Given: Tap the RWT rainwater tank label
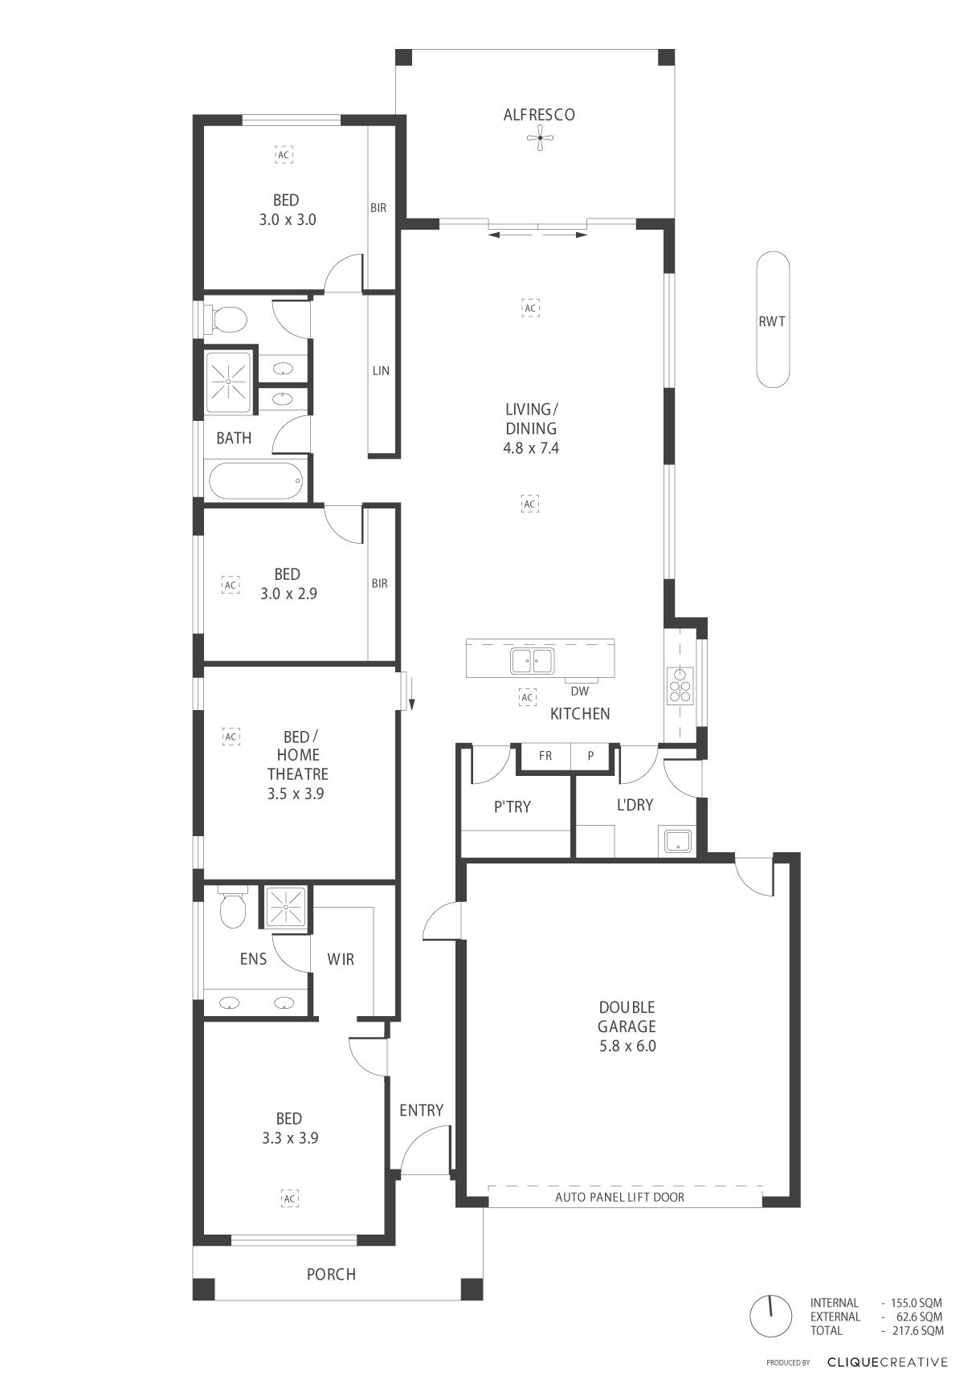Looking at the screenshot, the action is tap(772, 321).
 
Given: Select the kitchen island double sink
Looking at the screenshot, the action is tap(532, 661).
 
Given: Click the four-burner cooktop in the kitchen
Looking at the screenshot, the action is tap(681, 685).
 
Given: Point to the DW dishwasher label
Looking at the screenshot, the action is tap(579, 691).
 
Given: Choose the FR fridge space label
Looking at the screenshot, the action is tap(545, 756).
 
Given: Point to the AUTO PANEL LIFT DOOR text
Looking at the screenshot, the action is tap(620, 1197).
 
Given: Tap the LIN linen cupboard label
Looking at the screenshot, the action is tap(381, 370).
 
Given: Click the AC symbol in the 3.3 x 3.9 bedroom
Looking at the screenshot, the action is tap(290, 1198).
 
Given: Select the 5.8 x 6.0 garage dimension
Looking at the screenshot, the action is tap(627, 1046).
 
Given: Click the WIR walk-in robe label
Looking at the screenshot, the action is tap(341, 959).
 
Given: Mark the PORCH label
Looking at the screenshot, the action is tap(331, 1274).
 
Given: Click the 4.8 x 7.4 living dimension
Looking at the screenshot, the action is tap(531, 448).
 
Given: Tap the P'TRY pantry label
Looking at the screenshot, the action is tap(513, 806).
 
